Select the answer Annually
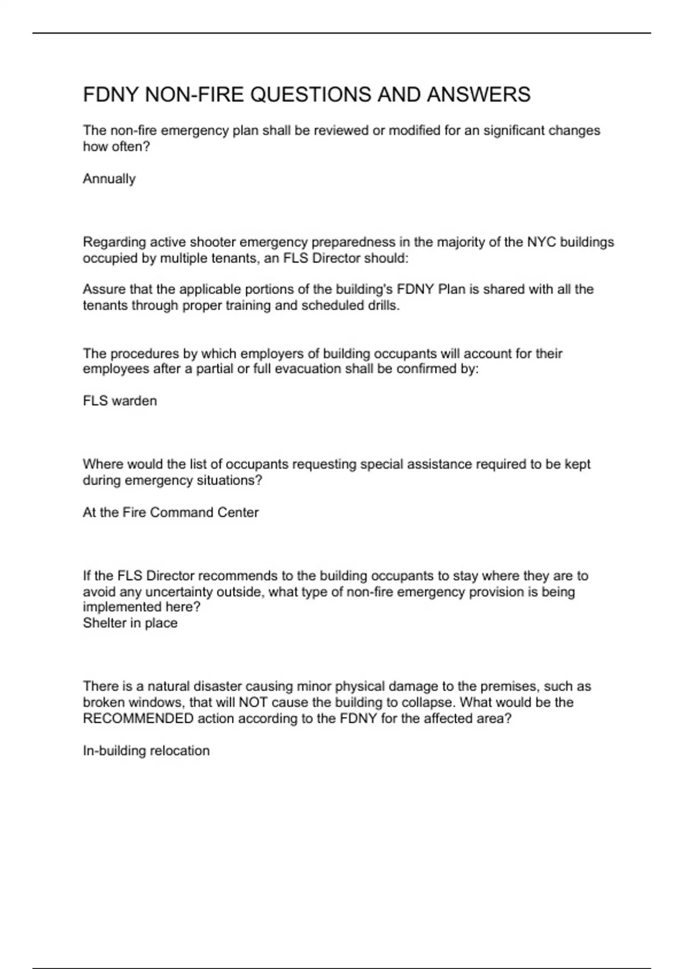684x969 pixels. click(109, 179)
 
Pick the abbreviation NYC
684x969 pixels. click(541, 242)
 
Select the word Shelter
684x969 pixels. click(102, 623)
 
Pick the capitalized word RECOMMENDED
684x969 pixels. click(138, 718)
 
